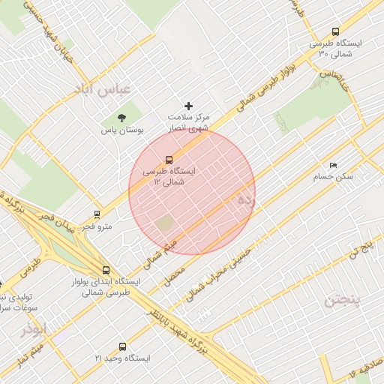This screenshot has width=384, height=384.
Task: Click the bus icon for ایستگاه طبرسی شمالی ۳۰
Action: point(334,32)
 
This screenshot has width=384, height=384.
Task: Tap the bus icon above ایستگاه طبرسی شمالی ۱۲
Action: point(168,159)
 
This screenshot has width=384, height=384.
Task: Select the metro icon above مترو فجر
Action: point(97,214)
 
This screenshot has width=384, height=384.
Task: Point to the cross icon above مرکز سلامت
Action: point(188,106)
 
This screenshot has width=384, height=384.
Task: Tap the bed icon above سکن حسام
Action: point(333,165)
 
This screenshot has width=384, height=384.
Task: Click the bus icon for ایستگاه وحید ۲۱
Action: point(122,346)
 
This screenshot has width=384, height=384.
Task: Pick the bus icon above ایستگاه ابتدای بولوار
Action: point(105,271)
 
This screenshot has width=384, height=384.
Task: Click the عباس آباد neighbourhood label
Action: point(102,88)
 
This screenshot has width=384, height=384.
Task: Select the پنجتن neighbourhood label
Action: point(343,301)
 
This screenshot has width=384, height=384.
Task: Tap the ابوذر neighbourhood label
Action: point(34,328)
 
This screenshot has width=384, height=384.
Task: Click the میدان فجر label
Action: point(58,223)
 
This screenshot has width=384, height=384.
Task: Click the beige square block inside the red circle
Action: point(163,223)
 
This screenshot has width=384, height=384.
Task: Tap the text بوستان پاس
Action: point(121,130)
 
